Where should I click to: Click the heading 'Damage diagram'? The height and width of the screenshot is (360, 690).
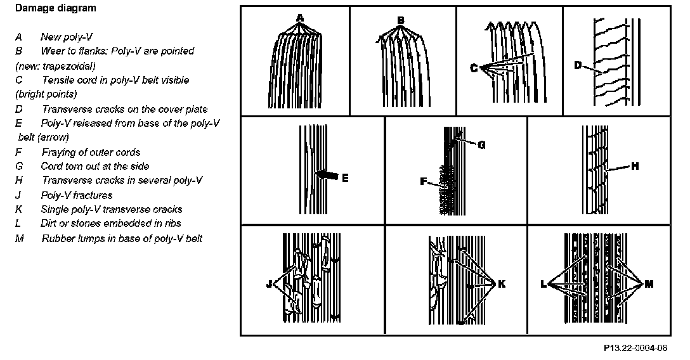click(55, 9)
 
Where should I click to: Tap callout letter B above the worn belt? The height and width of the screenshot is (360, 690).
click(400, 20)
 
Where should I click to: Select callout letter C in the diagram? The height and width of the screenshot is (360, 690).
click(474, 68)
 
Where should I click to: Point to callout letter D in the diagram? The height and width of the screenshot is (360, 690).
click(578, 65)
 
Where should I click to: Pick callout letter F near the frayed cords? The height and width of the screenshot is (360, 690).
click(422, 181)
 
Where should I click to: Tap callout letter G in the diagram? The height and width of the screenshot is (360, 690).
click(481, 145)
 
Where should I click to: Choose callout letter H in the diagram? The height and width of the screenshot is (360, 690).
click(634, 167)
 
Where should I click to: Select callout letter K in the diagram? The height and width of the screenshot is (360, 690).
click(502, 285)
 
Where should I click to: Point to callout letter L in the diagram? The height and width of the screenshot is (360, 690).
click(544, 285)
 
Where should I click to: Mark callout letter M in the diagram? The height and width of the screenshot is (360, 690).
click(649, 285)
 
